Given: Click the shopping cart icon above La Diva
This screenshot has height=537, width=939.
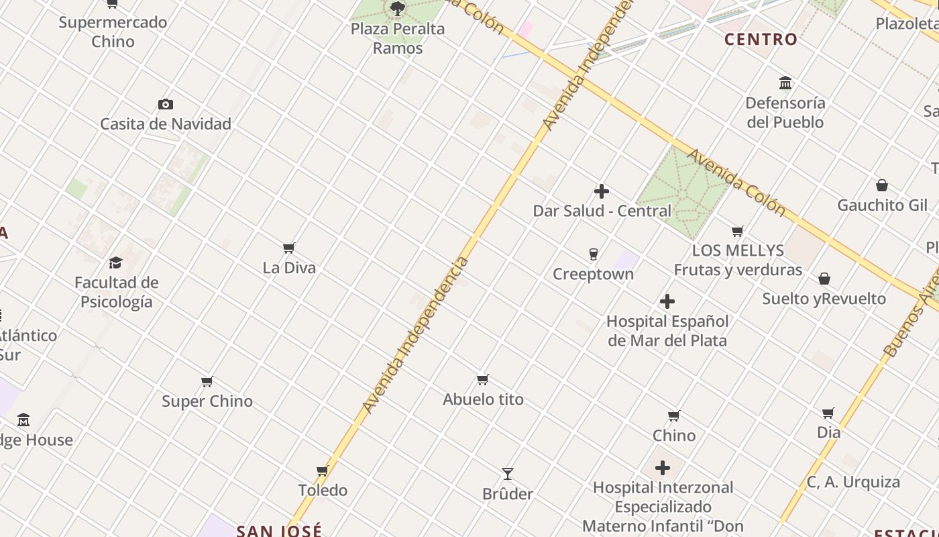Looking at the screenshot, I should point(289,248).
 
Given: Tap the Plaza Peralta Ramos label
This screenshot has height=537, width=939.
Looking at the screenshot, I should point(398,38).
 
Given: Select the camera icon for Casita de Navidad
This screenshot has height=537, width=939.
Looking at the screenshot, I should point(166,104).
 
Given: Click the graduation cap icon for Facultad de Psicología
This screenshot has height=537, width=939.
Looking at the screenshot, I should point(116,262).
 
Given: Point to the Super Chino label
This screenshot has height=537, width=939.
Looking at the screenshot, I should point(207,401).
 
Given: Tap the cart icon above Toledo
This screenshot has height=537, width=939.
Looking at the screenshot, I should point(323,471).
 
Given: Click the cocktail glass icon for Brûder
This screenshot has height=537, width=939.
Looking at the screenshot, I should point(508,474).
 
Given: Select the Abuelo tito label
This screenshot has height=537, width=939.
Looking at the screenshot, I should point(483,399).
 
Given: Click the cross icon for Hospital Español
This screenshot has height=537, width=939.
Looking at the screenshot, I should point(667,301).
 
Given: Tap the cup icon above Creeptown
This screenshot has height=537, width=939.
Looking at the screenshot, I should point(593,254).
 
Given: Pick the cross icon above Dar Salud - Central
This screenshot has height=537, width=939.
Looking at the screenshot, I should point(602,191).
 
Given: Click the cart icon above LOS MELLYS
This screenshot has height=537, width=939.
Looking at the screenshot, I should point(738,231).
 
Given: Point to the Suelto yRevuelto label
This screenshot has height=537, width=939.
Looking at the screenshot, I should point(824,299).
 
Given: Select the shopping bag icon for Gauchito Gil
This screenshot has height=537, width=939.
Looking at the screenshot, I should point(882,185).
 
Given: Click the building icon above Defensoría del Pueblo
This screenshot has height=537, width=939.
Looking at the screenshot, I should point(785,83).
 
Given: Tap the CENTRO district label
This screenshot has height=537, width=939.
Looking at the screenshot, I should point(761,40).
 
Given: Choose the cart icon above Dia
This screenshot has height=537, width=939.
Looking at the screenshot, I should point(828,413).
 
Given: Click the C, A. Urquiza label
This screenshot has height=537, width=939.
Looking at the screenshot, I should point(853,482).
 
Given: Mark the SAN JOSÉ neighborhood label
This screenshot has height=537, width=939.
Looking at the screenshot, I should point(279,530).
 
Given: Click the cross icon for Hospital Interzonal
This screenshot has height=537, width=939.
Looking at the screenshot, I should point(663,468).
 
